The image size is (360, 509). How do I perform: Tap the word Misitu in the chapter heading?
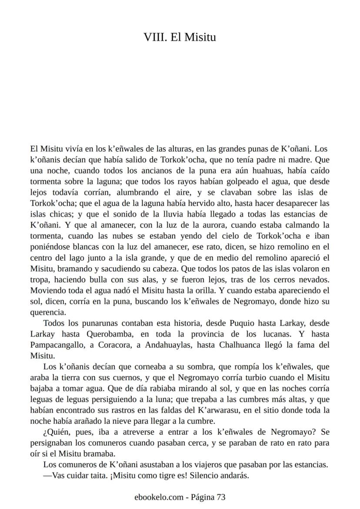pyautogui.click(x=200, y=37)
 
